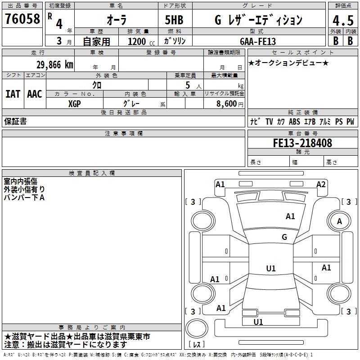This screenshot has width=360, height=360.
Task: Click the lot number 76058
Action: (22, 19)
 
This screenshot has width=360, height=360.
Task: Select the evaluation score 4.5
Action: (342, 21)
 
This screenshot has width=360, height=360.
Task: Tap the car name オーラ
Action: (116, 20)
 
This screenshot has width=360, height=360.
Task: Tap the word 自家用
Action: (96, 41)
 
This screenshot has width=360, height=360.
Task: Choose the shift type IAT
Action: (13, 94)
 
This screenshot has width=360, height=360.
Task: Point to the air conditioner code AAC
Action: (35, 94)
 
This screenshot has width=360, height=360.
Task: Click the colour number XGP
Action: (75, 103)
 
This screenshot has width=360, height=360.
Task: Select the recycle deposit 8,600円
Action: (229, 103)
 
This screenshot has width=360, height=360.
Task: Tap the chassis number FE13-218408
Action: (302, 143)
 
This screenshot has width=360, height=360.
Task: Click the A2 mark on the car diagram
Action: (321, 184)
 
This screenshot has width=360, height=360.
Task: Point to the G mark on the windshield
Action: (284, 237)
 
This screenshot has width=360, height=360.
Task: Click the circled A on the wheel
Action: (339, 221)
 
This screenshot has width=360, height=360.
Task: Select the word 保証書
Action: (15, 121)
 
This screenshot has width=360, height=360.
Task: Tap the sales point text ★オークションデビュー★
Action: (288, 63)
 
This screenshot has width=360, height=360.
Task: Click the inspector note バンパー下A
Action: (24, 197)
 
